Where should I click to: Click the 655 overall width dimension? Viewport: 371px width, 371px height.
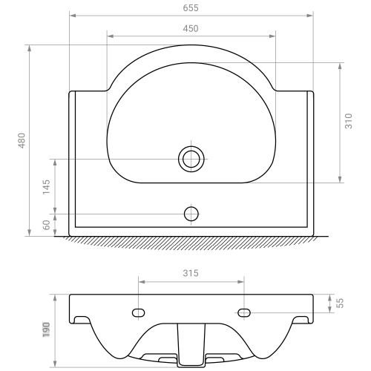[191, 8]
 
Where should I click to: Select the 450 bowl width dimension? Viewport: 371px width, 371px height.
[191, 29]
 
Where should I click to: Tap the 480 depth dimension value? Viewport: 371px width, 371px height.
[22, 140]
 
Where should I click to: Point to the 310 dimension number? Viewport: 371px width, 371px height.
[349, 121]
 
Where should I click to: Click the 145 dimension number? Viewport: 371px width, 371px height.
[46, 187]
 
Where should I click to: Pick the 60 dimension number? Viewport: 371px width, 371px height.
[46, 225]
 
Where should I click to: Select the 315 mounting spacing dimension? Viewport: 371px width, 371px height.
[191, 273]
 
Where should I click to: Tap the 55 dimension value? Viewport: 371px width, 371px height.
[341, 303]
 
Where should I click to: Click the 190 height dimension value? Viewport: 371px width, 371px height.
[46, 329]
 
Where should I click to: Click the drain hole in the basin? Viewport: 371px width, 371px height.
[191, 159]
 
